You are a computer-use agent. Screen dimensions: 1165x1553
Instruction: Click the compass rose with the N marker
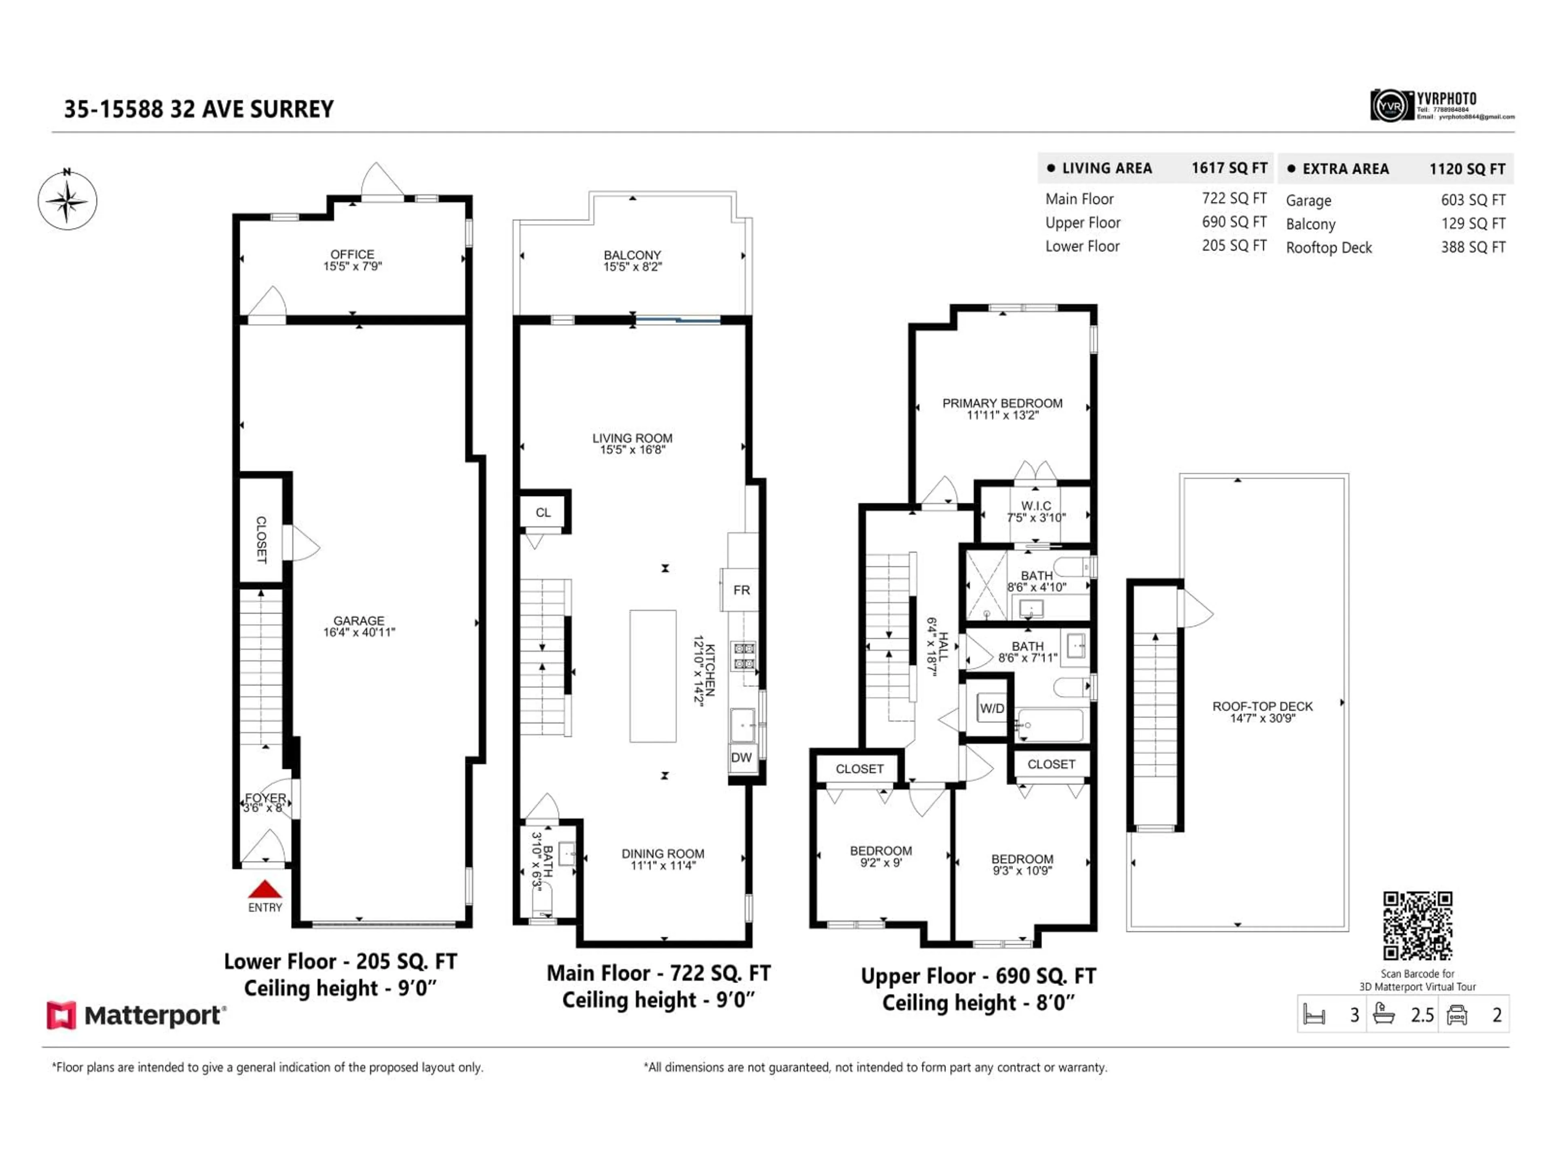68,201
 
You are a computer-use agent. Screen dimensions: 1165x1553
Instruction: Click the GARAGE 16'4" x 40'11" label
359,626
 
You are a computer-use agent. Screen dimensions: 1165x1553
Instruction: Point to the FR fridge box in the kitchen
741,590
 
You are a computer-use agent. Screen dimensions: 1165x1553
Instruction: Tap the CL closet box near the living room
544,513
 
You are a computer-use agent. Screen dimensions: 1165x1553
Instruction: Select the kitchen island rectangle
652,676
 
